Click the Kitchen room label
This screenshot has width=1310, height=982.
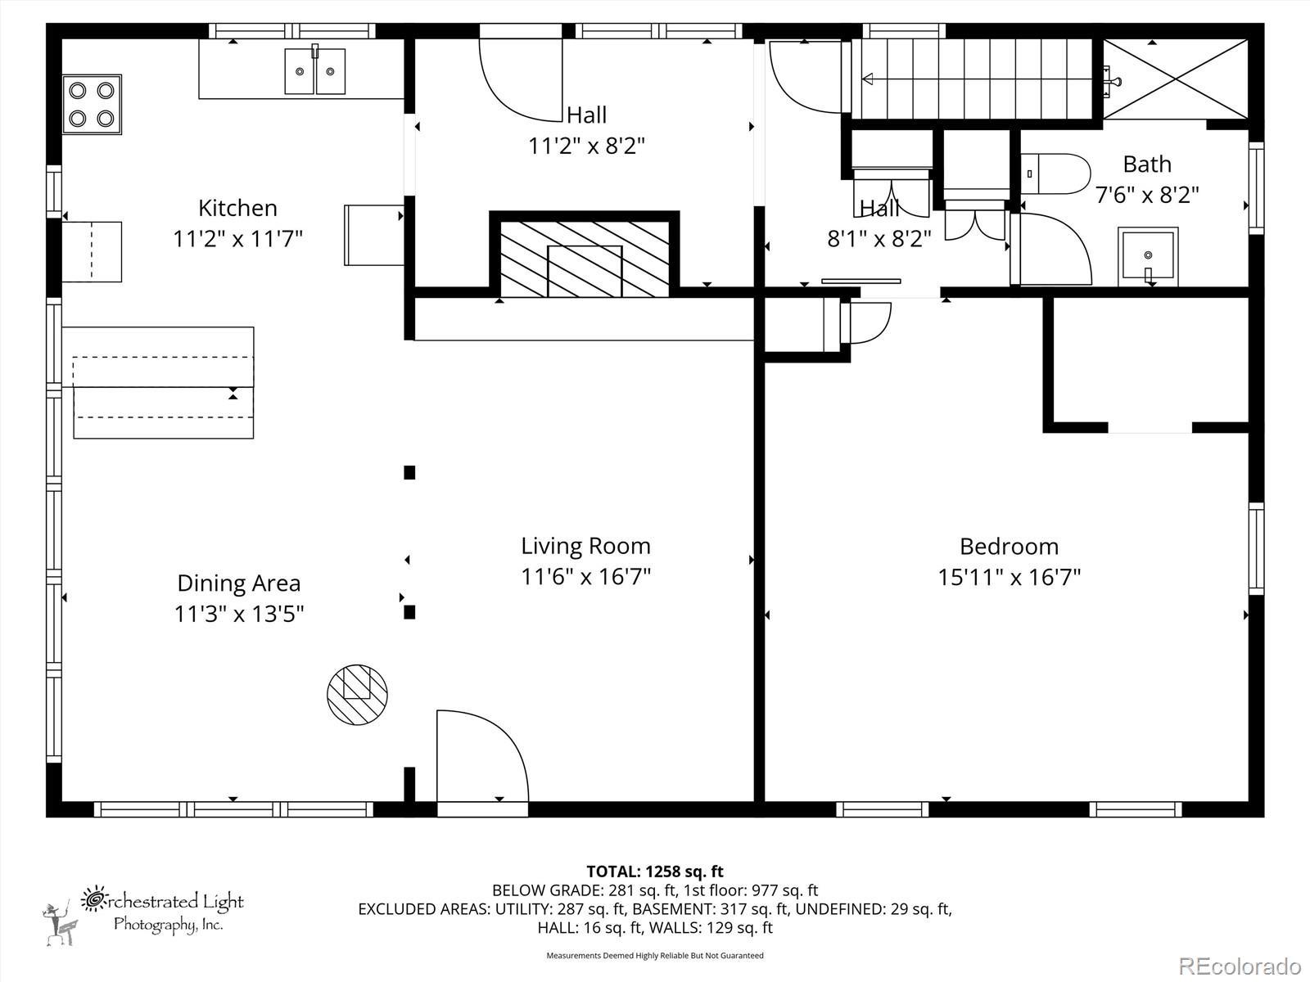click(237, 208)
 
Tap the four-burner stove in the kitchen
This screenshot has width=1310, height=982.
click(92, 105)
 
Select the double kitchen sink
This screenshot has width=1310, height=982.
click(314, 71)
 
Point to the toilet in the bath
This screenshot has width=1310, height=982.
click(1055, 174)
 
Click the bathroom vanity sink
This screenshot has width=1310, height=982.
click(1148, 256)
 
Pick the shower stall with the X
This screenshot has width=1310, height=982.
click(1175, 79)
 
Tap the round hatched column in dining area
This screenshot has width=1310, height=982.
click(357, 695)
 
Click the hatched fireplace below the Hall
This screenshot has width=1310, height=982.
click(585, 259)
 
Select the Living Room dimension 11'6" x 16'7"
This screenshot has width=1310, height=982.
click(585, 577)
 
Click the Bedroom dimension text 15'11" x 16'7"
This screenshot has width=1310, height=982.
click(1010, 577)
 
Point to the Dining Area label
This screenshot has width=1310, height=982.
click(239, 583)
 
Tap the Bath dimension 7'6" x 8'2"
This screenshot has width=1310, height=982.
click(1147, 195)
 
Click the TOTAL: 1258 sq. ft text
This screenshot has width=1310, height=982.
click(655, 872)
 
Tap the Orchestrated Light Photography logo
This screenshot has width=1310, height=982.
click(143, 914)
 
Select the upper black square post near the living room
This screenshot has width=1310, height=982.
click(409, 472)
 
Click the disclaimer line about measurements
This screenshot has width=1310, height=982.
click(655, 955)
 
